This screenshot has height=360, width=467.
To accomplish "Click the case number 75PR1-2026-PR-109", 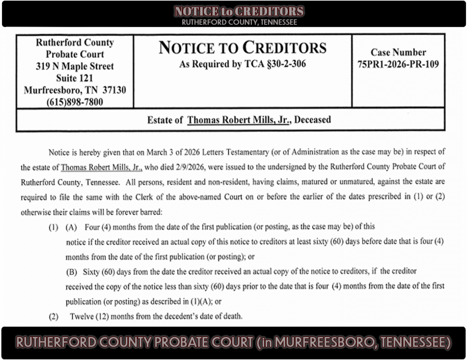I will click(x=398, y=65).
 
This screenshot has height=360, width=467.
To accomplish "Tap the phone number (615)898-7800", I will click(x=74, y=102).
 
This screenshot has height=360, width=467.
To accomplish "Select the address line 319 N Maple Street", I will click(x=74, y=66).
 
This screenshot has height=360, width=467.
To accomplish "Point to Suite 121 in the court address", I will click(x=74, y=78).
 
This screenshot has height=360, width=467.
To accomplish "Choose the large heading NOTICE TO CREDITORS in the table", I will click(x=242, y=48).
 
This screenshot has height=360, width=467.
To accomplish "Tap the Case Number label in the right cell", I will click(x=398, y=52).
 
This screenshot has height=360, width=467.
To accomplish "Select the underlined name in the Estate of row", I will click(x=239, y=120).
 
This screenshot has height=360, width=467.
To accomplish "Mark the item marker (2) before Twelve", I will click(x=53, y=316).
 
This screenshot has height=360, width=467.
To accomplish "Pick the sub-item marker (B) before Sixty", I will click(x=72, y=272).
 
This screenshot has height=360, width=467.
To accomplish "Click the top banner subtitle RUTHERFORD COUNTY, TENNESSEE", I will click(x=239, y=22).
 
